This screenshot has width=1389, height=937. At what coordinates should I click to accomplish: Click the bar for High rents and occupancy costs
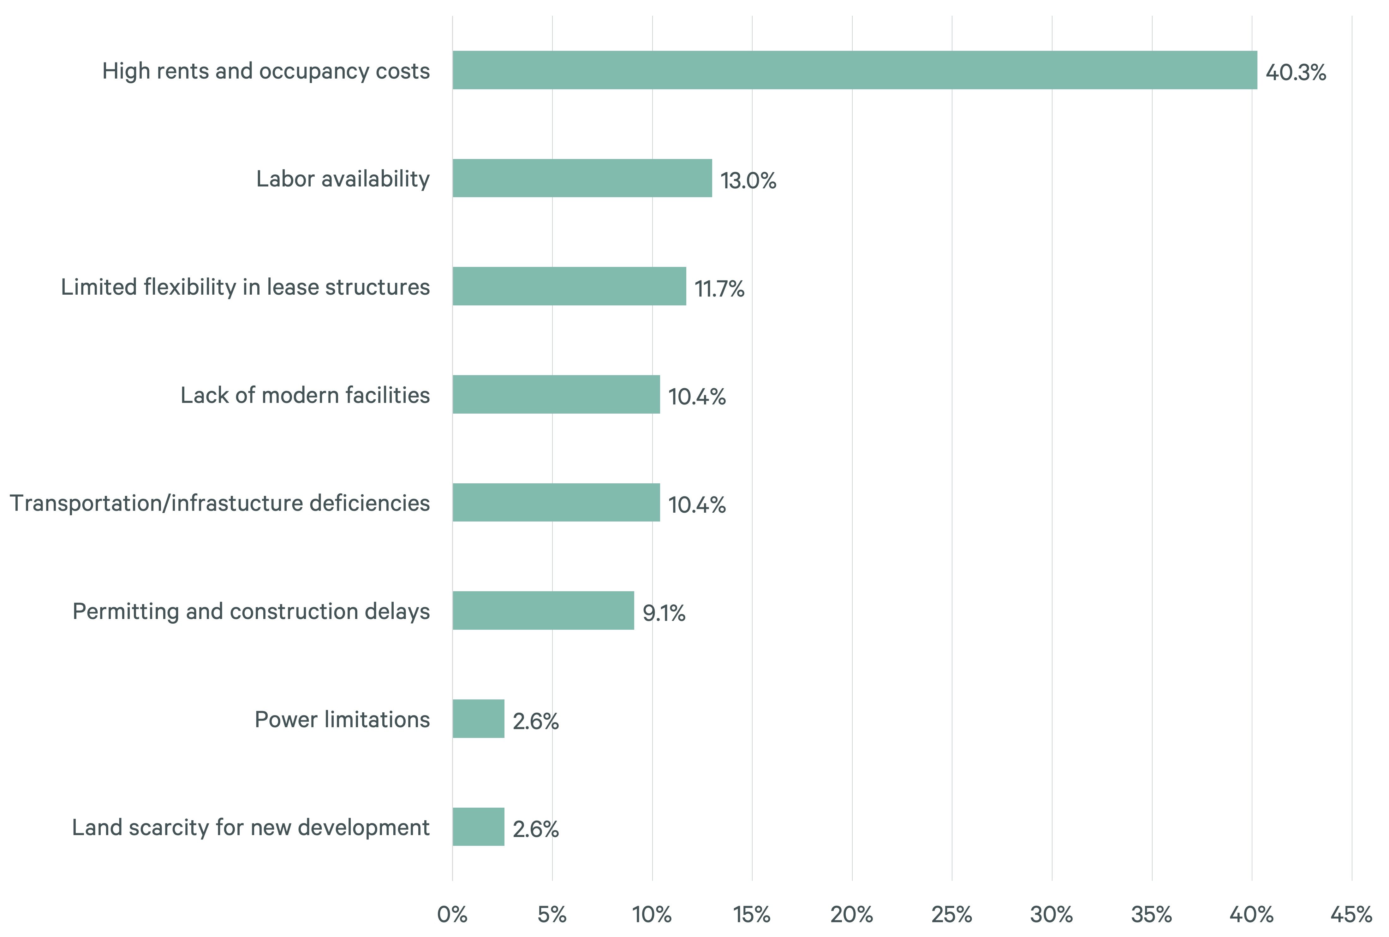854,70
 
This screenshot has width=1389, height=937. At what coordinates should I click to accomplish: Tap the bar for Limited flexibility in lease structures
569,286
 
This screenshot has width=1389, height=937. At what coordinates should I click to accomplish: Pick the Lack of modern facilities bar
556,394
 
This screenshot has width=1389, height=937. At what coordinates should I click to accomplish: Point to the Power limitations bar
478,718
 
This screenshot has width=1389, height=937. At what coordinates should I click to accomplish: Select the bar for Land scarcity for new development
478,827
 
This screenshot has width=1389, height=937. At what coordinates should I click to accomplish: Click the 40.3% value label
1295,72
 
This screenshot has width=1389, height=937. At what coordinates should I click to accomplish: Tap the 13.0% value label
748,180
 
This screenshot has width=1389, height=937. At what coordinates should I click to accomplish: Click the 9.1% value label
664,613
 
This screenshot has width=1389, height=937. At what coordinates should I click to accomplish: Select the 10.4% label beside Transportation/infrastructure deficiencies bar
696,505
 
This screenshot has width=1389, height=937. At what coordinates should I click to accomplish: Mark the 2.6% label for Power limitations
535,721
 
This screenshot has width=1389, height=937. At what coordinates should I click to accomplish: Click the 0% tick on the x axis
452,914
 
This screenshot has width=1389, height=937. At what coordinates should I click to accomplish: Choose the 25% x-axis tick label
951,914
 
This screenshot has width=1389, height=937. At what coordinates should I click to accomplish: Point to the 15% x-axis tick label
752,914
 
